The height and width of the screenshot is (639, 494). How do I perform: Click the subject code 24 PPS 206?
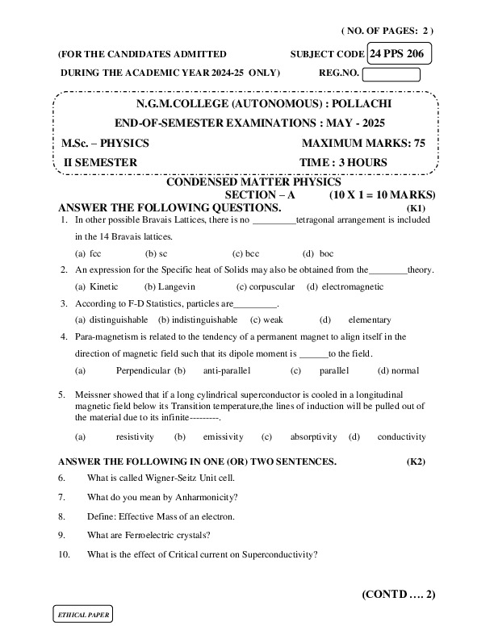click(x=400, y=54)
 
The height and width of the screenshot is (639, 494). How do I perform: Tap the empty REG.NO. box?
click(x=391, y=75)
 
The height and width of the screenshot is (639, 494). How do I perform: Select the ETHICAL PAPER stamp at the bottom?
click(x=82, y=615)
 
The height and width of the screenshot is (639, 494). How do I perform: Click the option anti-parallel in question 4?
click(x=227, y=370)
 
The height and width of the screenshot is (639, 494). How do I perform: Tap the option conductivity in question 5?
click(x=401, y=436)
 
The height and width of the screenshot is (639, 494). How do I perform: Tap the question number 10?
click(x=65, y=554)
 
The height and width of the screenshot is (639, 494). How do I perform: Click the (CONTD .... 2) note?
click(x=398, y=595)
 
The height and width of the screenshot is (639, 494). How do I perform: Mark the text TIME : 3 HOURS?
click(x=343, y=162)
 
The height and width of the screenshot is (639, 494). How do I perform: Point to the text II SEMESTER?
click(x=100, y=162)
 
